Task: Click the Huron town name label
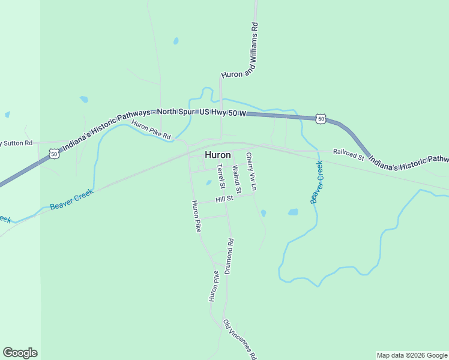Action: point(217,155)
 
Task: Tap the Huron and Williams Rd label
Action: point(239,51)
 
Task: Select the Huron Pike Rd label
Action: point(151,130)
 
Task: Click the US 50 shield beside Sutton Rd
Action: point(55,154)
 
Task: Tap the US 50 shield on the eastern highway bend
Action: point(321,119)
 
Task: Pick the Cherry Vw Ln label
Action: point(252,172)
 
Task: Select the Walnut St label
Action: point(237,179)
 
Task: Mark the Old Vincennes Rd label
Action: point(240,339)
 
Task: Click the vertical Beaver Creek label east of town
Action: point(316,182)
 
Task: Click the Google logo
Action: point(20,353)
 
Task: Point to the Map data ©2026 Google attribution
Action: point(412,355)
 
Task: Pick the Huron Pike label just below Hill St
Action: point(196,216)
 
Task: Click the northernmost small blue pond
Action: point(176,41)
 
